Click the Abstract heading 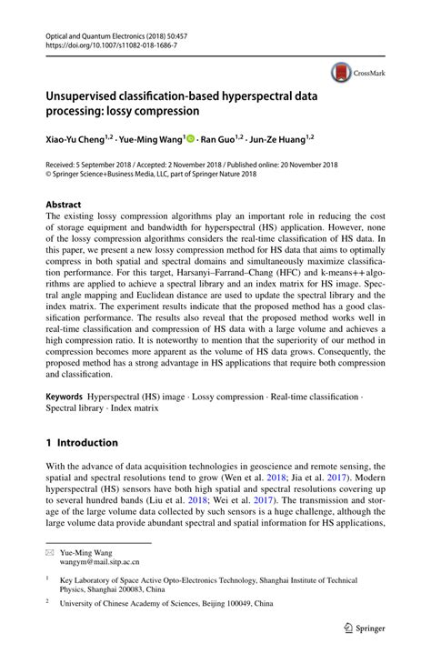(x=63, y=205)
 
